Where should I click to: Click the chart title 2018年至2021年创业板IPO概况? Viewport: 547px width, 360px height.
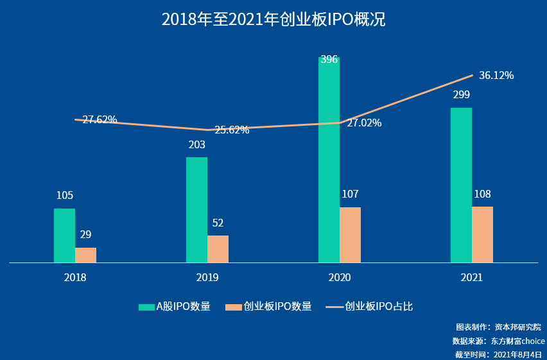[x=273, y=19]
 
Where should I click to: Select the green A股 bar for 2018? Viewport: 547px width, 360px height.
[x=64, y=236]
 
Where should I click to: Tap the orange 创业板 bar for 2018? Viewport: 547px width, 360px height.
[x=85, y=255]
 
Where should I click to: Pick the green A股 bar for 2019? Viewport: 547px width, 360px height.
[x=196, y=210]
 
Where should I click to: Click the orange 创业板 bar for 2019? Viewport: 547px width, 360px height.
[x=218, y=249]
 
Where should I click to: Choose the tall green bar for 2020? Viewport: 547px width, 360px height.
[x=329, y=160]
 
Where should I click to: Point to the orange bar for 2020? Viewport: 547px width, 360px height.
[x=350, y=235]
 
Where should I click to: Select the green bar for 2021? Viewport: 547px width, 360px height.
[x=461, y=185]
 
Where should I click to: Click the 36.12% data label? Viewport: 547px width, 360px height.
[x=496, y=76]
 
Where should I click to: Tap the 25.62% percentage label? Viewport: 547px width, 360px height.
[x=232, y=130]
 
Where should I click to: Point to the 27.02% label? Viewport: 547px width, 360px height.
[x=364, y=123]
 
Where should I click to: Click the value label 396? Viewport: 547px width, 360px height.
[x=329, y=60]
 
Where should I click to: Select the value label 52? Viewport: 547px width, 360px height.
[x=218, y=223]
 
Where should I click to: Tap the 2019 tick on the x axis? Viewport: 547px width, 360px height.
[x=207, y=278]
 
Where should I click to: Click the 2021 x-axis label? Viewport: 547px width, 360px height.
[x=472, y=278]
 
